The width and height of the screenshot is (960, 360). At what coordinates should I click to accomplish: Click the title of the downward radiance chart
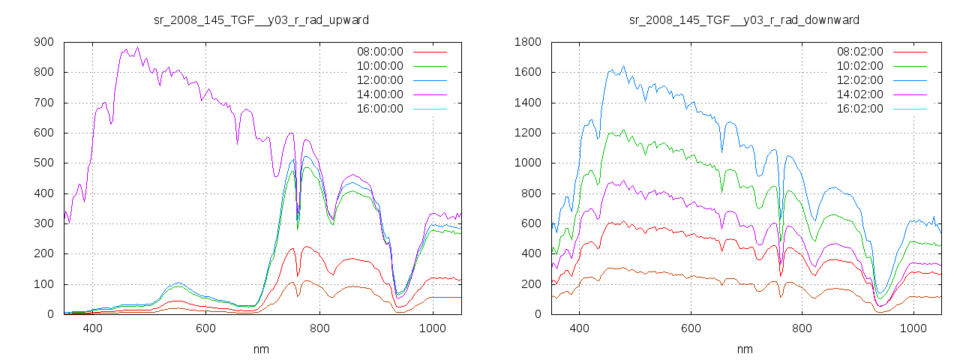pyautogui.click(x=744, y=19)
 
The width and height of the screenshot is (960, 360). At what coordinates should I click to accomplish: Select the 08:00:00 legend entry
pyautogui.click(x=379, y=52)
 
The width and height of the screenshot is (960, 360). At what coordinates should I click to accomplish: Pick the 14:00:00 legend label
pyautogui.click(x=379, y=94)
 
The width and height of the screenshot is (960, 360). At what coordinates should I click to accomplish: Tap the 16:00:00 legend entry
pyautogui.click(x=379, y=109)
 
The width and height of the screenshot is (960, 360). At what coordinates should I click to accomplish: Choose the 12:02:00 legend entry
pyautogui.click(x=859, y=80)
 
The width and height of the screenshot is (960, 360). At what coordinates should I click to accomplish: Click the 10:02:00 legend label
pyautogui.click(x=859, y=66)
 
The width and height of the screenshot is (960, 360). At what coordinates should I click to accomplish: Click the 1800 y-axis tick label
pyautogui.click(x=528, y=43)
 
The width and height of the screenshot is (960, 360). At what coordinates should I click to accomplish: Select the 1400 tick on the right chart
pyautogui.click(x=528, y=103)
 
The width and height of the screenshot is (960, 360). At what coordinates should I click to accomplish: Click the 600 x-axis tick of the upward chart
pyautogui.click(x=205, y=328)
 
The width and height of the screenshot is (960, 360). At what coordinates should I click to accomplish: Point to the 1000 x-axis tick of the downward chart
pyautogui.click(x=913, y=328)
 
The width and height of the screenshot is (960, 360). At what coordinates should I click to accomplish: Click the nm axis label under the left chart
pyautogui.click(x=261, y=349)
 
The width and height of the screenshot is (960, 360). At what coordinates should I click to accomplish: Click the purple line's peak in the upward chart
pyautogui.click(x=137, y=47)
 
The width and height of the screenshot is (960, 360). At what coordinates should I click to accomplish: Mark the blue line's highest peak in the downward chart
pyautogui.click(x=623, y=66)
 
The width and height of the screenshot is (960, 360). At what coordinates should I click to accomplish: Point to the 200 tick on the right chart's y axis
pyautogui.click(x=531, y=284)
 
